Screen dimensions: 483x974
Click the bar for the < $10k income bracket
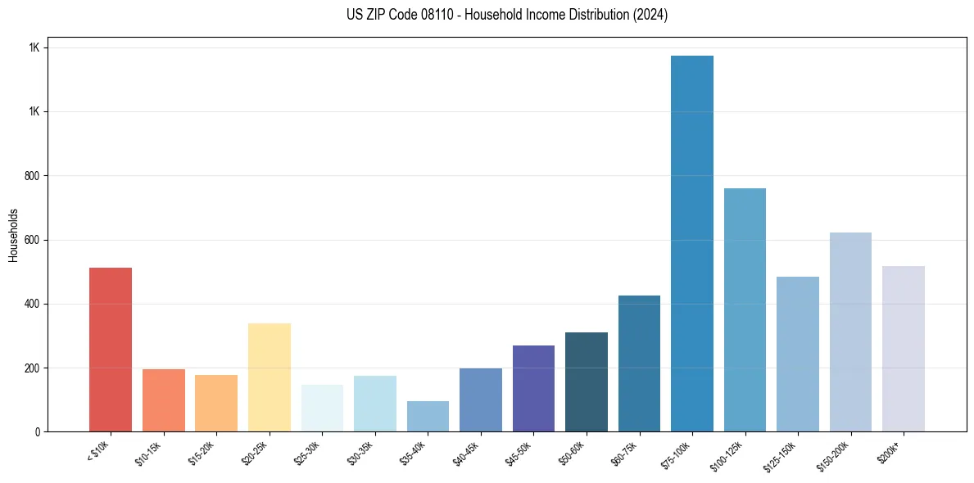click(x=110, y=350)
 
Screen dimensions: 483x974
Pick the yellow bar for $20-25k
click(x=269, y=377)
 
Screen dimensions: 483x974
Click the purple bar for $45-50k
click(x=533, y=388)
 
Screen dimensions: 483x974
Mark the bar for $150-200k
click(x=850, y=332)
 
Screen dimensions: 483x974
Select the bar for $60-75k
click(x=639, y=363)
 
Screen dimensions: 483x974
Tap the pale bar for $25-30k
click(x=322, y=408)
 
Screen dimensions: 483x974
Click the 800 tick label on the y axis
click(x=33, y=176)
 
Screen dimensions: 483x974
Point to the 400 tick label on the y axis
click(x=33, y=304)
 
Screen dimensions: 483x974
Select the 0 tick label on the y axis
click(x=38, y=432)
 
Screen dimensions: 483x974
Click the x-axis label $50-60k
click(x=572, y=452)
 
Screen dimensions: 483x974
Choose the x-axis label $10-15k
click(x=149, y=452)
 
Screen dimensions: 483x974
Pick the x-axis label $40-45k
click(x=466, y=452)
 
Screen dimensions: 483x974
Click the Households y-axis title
click(x=14, y=234)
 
